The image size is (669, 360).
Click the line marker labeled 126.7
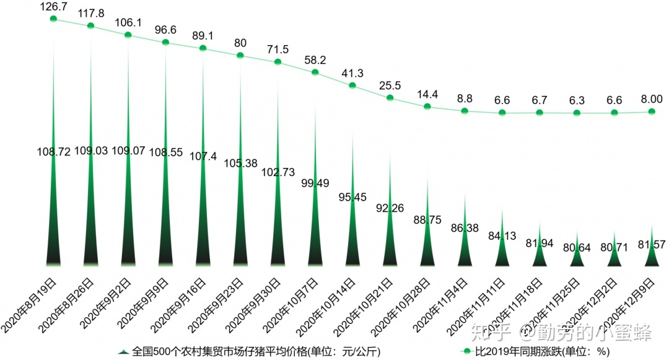[x=53, y=19]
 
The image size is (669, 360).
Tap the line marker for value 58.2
[x=315, y=72]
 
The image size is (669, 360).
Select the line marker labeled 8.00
[x=651, y=112]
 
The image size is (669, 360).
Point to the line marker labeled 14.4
[x=427, y=107]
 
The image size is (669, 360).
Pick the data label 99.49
[x=315, y=182]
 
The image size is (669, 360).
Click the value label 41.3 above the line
[x=352, y=72]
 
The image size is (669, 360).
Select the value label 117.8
[x=90, y=12]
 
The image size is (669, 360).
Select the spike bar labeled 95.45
[x=352, y=229]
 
